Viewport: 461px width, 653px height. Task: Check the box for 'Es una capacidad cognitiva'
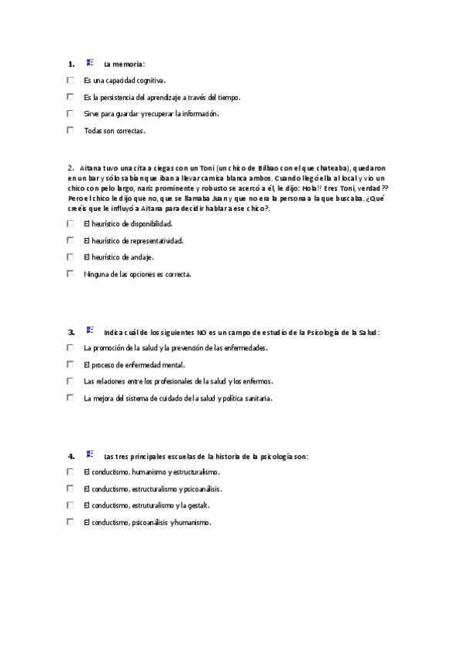tap(70, 80)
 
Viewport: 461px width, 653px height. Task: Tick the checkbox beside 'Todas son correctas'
tap(70, 130)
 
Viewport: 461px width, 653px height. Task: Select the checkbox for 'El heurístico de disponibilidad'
tap(70, 224)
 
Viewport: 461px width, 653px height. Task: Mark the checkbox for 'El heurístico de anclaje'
tap(70, 257)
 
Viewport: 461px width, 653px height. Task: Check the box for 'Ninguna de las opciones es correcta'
tap(70, 273)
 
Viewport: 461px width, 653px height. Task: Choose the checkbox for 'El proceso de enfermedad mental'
tap(70, 365)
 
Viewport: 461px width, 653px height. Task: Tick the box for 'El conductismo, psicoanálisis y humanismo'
tap(70, 522)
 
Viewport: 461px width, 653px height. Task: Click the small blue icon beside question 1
tap(90, 62)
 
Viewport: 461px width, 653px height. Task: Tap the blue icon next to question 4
tap(90, 454)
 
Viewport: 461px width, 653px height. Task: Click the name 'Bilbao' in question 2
tap(264, 168)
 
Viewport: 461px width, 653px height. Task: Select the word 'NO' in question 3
tap(202, 333)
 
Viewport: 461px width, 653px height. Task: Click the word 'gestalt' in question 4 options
tap(195, 506)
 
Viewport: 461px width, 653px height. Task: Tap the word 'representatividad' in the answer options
tap(156, 240)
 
